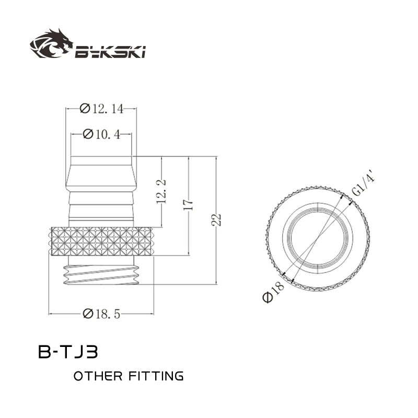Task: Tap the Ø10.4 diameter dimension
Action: (102, 135)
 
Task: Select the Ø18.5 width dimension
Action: (102, 313)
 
